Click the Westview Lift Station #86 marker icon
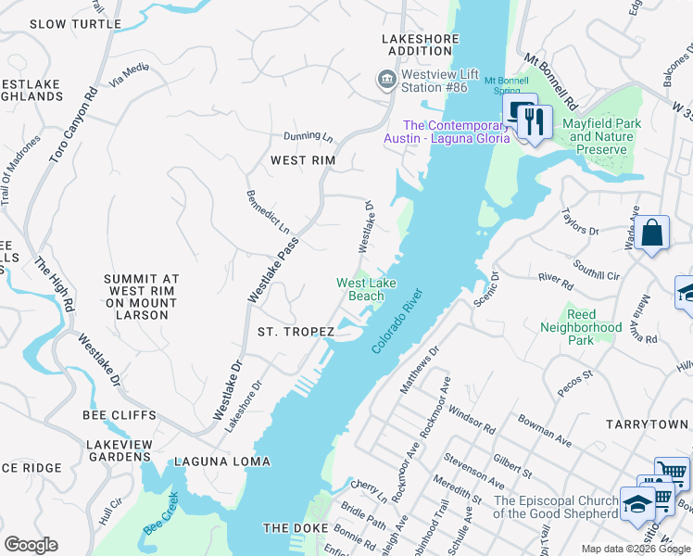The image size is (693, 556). (x=384, y=81)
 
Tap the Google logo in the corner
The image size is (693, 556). (x=31, y=546)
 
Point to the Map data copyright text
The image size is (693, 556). (x=635, y=549)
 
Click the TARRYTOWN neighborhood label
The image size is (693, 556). (x=648, y=423)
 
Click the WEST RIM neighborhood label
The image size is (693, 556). (x=302, y=160)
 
